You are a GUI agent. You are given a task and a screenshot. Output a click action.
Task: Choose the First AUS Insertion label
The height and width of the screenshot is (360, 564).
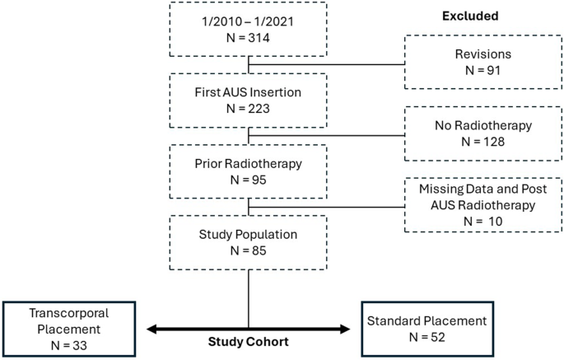(248, 90)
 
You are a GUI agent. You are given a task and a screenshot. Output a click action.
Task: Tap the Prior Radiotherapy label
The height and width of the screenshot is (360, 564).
(248, 161)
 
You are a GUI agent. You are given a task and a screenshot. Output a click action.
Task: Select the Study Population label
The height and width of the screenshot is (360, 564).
(248, 233)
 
